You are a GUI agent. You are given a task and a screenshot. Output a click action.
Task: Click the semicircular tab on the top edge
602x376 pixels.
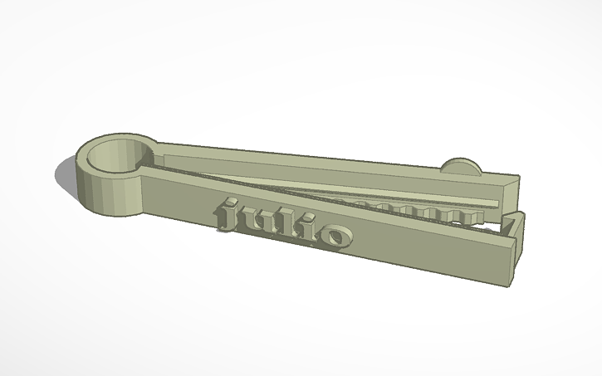[x=461, y=165]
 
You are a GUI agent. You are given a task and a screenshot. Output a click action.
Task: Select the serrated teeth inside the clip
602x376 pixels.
[x=415, y=210]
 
